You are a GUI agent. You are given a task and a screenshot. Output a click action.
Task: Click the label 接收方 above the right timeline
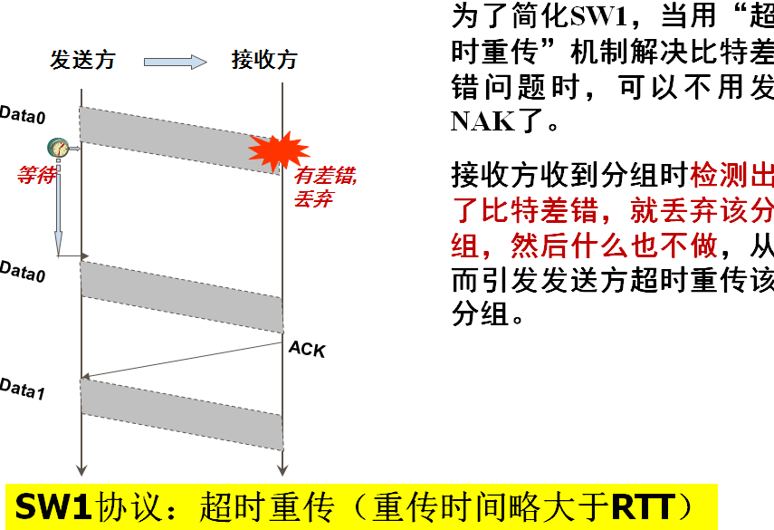(263, 61)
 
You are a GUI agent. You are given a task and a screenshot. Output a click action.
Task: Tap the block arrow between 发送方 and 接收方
(175, 62)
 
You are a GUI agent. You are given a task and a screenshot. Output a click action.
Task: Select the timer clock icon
(58, 148)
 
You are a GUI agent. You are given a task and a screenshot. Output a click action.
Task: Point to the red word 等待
(36, 176)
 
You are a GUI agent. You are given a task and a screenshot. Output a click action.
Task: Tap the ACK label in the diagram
(306, 349)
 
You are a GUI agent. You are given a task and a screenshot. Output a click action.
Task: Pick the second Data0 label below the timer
(23, 270)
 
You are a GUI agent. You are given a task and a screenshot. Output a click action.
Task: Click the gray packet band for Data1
(181, 413)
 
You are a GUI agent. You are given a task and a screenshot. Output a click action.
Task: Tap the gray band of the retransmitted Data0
(181, 295)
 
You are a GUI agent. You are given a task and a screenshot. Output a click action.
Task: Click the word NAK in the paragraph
(481, 120)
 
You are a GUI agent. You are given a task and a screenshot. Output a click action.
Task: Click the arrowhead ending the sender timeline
(82, 468)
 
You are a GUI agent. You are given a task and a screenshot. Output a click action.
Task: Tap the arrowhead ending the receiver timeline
(283, 468)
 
